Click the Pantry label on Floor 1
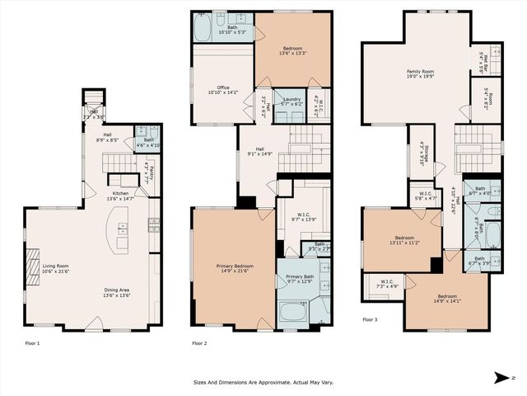[x=151, y=175]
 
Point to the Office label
[x=223, y=89]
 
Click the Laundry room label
[x=287, y=101]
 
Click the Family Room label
[x=420, y=73]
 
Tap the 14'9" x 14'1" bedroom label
[x=447, y=298]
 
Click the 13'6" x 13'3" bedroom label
[x=282, y=51]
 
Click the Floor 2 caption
[x=198, y=342]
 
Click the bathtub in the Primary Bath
[x=292, y=314]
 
